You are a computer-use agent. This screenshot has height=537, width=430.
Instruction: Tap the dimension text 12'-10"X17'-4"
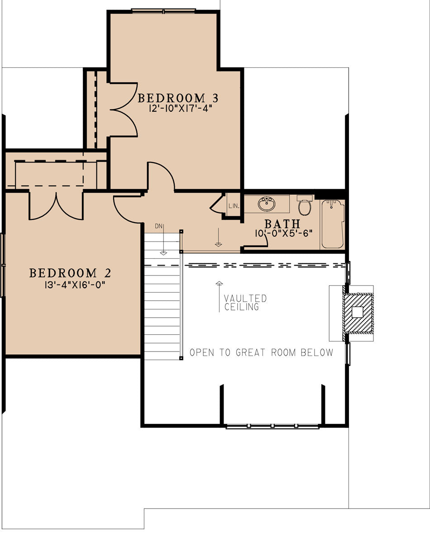(180, 109)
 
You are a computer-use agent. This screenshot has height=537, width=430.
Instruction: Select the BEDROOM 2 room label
(70, 273)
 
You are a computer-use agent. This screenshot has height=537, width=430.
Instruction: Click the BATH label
(282, 223)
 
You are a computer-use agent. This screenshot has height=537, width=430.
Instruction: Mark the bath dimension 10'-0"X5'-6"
(283, 234)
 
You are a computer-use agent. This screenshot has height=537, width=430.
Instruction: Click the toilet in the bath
(305, 206)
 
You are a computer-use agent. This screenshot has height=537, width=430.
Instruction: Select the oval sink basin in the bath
(267, 204)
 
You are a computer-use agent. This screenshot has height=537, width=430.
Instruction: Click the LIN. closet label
(234, 206)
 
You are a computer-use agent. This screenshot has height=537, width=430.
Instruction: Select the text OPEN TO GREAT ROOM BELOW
(261, 352)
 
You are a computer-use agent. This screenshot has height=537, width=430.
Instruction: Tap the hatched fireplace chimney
(358, 312)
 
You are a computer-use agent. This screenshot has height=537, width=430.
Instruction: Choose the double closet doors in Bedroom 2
(56, 206)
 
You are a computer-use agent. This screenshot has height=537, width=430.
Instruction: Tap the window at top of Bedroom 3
(163, 10)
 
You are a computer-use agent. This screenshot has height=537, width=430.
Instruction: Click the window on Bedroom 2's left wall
(3, 265)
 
